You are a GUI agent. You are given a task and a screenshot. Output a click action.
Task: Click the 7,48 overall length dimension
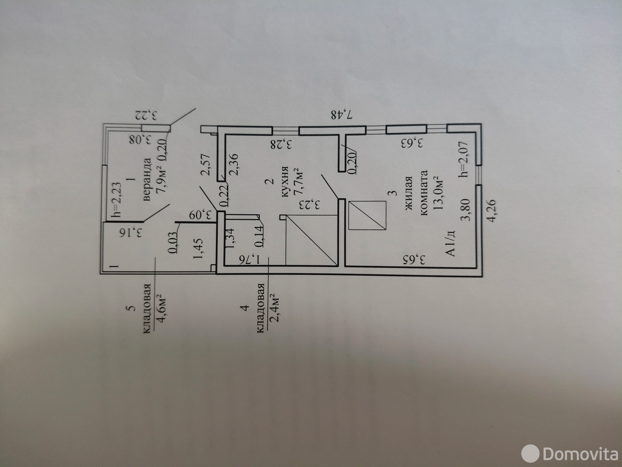[343, 114]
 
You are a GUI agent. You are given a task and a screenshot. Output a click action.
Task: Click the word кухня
[284, 182]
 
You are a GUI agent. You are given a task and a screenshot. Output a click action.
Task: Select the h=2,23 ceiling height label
[116, 200]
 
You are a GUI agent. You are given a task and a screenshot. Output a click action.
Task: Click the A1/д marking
[451, 243]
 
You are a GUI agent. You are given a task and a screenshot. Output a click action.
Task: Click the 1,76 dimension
[250, 259]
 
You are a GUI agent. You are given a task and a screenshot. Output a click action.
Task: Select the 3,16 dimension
[131, 232]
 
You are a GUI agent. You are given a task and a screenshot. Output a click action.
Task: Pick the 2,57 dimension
[205, 165]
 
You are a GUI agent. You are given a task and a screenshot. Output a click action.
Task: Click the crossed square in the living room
[367, 215]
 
